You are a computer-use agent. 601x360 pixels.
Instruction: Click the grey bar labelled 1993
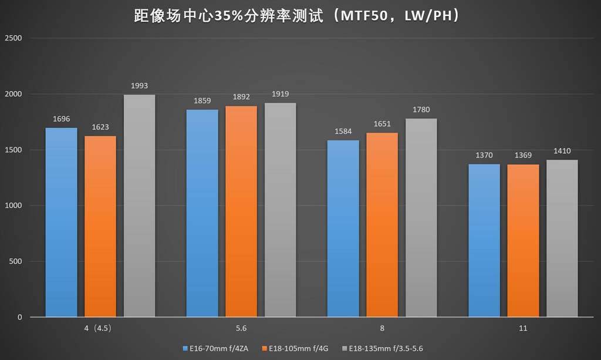(139, 206)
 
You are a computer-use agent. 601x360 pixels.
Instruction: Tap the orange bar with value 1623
(100, 226)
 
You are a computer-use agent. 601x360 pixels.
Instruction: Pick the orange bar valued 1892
(241, 211)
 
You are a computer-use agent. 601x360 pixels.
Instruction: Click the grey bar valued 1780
(421, 217)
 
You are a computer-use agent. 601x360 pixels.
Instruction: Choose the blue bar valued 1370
(484, 240)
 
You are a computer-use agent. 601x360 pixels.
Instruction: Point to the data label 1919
(281, 95)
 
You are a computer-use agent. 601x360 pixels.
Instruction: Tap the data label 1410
(562, 151)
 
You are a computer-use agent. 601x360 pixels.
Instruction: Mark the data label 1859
(202, 101)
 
